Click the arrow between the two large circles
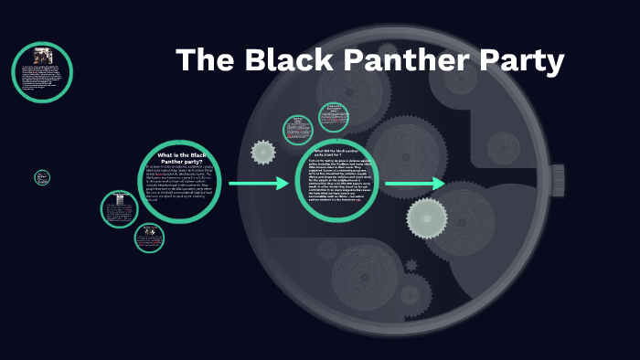click(259, 184)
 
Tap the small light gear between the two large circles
click(263, 152)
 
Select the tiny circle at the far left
click(42, 177)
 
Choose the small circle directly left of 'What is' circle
click(119, 209)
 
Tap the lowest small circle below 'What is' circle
click(148, 237)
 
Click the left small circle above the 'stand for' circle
click(298, 130)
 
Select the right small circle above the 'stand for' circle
click(333, 118)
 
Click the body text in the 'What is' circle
click(180, 195)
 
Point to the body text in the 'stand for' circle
click(336, 188)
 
